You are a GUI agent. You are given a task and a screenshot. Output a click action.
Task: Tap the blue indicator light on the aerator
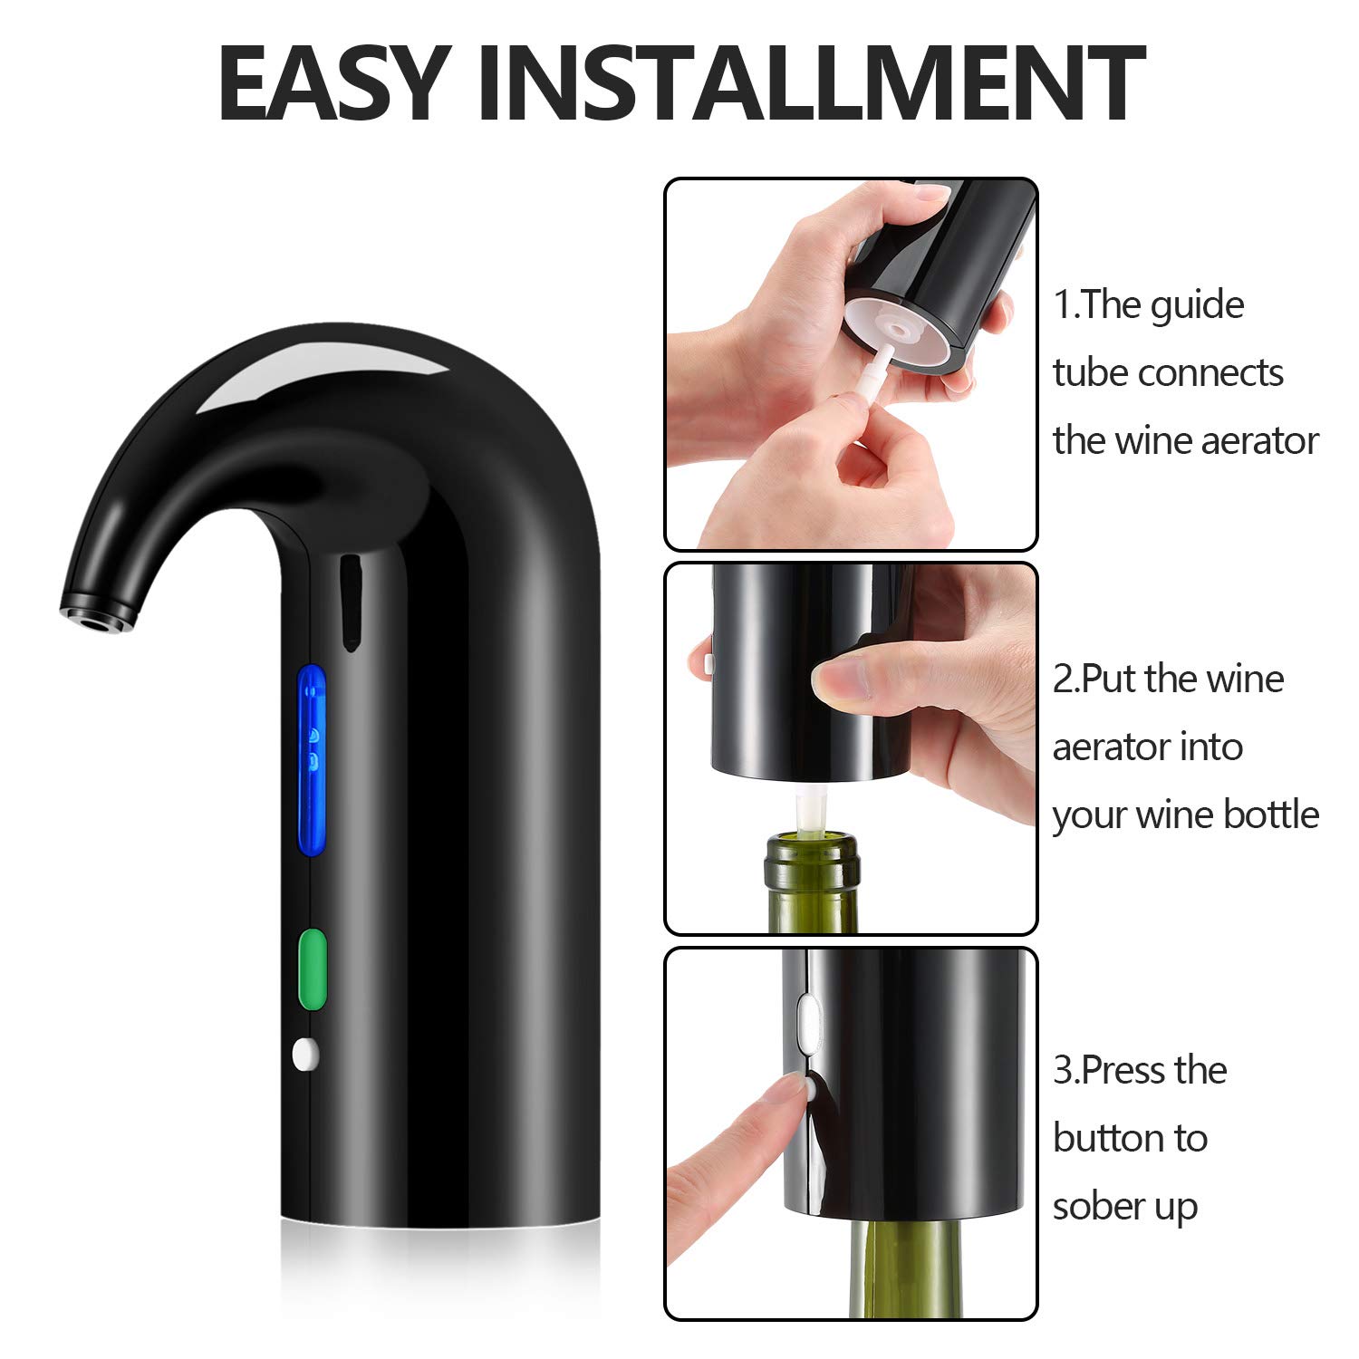[x=312, y=761]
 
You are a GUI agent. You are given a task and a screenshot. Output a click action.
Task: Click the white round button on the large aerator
[x=306, y=1053]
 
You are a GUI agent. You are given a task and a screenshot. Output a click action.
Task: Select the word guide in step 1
[x=1198, y=305]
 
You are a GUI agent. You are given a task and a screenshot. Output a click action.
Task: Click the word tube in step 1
[x=1088, y=372]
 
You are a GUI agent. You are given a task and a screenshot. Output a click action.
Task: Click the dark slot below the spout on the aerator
[x=349, y=602]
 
